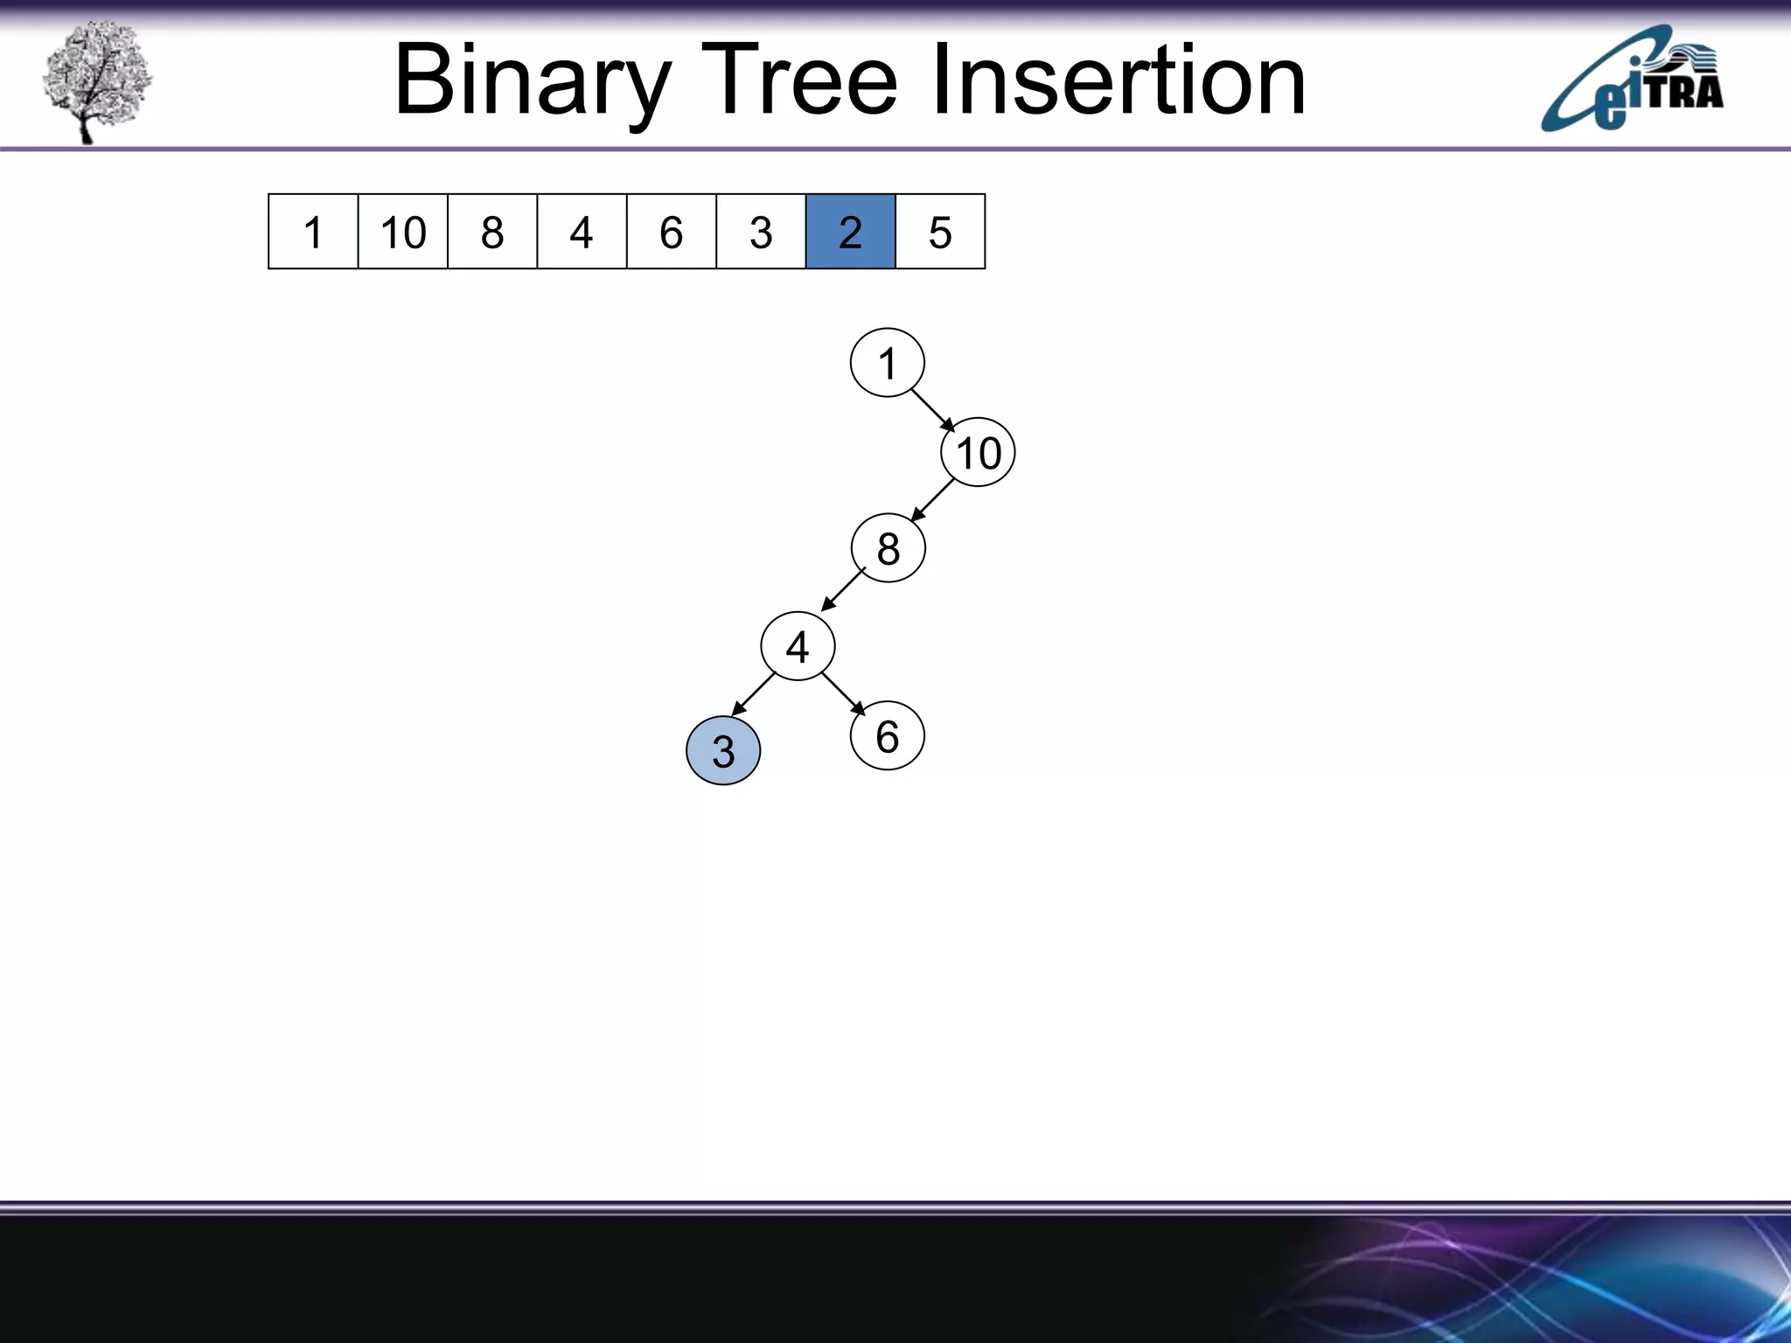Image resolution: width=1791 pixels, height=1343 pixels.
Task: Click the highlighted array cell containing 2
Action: click(x=850, y=232)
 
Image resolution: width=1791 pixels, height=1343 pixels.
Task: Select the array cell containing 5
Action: click(x=940, y=232)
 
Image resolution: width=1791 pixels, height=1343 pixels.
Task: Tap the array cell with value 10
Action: click(x=402, y=232)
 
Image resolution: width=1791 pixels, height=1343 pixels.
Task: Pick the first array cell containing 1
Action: click(x=313, y=232)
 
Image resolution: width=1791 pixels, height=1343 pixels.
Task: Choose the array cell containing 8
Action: click(x=492, y=232)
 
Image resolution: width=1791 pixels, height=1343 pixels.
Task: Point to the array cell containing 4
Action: click(x=582, y=232)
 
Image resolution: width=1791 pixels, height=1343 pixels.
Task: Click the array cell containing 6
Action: click(x=671, y=232)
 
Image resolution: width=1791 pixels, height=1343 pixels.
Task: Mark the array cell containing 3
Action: click(x=761, y=232)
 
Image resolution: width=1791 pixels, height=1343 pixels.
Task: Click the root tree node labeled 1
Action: click(x=887, y=363)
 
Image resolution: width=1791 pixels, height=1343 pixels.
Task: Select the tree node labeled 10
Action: click(x=978, y=453)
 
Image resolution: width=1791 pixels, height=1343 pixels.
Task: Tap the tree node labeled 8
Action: click(x=888, y=548)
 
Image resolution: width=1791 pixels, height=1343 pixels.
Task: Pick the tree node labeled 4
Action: click(x=798, y=647)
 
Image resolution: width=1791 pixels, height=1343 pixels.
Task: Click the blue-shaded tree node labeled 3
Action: click(x=723, y=751)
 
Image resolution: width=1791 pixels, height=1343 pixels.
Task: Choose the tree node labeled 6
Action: click(x=887, y=736)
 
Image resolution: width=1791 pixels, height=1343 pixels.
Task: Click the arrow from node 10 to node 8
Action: click(x=932, y=500)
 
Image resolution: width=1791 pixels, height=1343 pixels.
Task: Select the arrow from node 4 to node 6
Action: click(x=843, y=693)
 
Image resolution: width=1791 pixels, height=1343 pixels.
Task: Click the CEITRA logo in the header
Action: click(x=1632, y=80)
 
